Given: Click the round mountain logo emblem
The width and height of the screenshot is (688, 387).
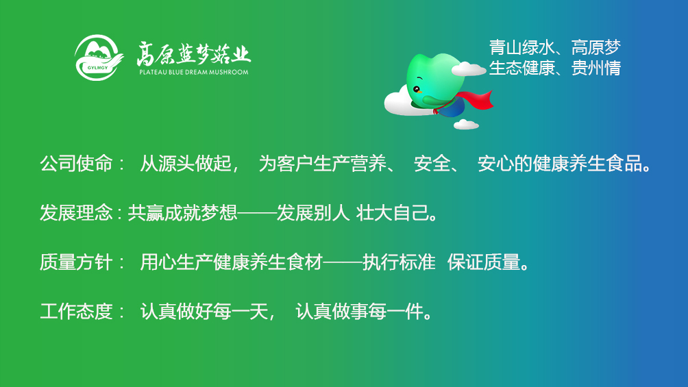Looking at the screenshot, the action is pos(98,58).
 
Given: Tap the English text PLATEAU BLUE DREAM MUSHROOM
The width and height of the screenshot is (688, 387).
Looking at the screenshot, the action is pos(194,72).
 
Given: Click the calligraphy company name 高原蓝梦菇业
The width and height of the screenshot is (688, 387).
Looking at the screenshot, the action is pos(193,54).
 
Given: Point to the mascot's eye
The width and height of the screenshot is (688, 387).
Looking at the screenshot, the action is pos(416,89).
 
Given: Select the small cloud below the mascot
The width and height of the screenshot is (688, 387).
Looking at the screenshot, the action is pos(466,125).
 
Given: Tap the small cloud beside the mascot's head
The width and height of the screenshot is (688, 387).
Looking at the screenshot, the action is pos(468,68).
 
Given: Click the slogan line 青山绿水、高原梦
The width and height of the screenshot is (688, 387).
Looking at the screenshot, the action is pos(555,47).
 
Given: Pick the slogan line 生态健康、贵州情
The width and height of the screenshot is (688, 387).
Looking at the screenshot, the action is pos(555,68).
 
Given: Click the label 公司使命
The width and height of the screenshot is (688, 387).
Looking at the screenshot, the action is pos(76,164).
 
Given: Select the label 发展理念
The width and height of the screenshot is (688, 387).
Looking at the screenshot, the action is pos(76,213).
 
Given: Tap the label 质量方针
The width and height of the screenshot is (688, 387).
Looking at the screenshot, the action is pos(76,262).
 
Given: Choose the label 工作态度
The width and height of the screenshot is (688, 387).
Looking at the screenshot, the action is pos(76,312).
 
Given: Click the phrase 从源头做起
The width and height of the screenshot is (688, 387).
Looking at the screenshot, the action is pos(186,164).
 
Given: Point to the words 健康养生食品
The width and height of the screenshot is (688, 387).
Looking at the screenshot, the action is pos(588,164).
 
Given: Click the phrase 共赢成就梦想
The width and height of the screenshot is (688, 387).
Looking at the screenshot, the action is pos(182,213).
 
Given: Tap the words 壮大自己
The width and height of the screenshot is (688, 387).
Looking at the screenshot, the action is pos(393,213).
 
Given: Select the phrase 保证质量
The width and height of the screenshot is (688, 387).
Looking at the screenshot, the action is pos(484,262).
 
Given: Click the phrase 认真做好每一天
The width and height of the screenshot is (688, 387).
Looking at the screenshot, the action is pos(204,312).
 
